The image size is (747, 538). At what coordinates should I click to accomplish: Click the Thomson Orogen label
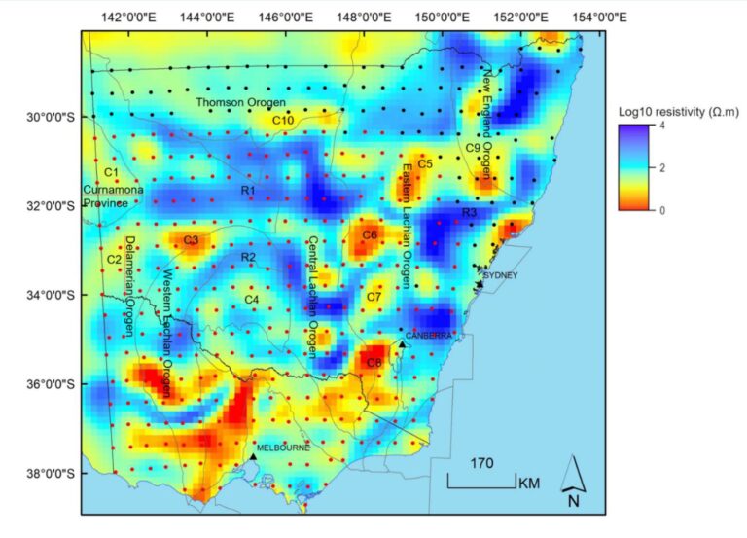click(x=241, y=102)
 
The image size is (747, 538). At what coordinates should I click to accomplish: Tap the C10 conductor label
click(x=283, y=120)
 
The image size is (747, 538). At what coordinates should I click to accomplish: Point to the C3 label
click(x=191, y=240)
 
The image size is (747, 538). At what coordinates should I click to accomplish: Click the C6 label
click(x=369, y=235)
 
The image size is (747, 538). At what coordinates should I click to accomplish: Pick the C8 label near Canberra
click(x=374, y=362)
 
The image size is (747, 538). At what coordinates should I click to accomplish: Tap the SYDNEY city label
click(x=502, y=275)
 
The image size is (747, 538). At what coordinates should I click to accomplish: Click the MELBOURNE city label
click(x=283, y=448)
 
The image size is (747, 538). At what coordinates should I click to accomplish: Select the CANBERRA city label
click(x=428, y=335)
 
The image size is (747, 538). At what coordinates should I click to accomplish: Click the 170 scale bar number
click(x=481, y=465)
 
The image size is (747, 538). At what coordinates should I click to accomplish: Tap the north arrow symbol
click(x=573, y=483)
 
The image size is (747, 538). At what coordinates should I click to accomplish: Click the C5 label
click(x=425, y=164)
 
